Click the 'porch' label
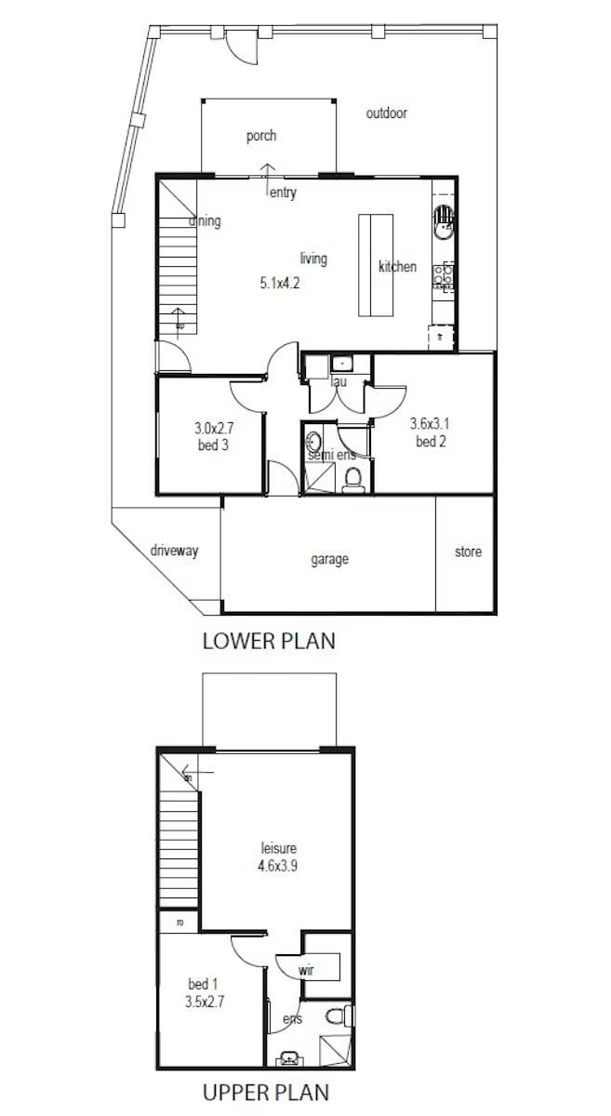261,137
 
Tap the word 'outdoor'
386,113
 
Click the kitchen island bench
378,266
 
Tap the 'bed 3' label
213,445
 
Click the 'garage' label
329,559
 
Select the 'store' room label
468,551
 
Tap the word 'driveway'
174,551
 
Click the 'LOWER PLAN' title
269,641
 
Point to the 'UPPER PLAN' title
266,1091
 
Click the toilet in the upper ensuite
340,1016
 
